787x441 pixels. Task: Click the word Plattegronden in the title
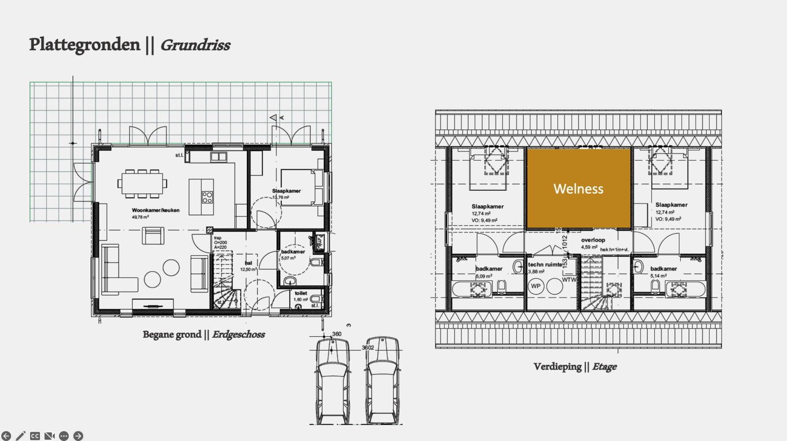coord(85,45)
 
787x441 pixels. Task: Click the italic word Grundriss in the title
coord(195,45)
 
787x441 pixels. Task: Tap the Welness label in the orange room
coord(578,189)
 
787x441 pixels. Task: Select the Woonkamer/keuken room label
coord(155,210)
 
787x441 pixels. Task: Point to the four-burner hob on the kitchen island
coord(207,197)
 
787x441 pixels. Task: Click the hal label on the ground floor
coord(248,263)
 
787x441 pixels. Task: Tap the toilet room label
coord(301,293)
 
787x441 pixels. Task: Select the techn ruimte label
coord(545,265)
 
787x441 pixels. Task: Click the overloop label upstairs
coord(593,240)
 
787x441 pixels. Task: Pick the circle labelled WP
coord(536,286)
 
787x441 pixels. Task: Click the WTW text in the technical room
coord(569,280)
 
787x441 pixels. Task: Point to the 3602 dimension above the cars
coord(368,348)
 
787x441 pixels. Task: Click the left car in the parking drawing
coord(333,381)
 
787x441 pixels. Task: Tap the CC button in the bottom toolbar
coord(35,436)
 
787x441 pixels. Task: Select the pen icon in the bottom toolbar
coord(21,436)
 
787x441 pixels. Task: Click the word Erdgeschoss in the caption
coord(239,334)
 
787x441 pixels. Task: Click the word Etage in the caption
coord(604,366)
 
